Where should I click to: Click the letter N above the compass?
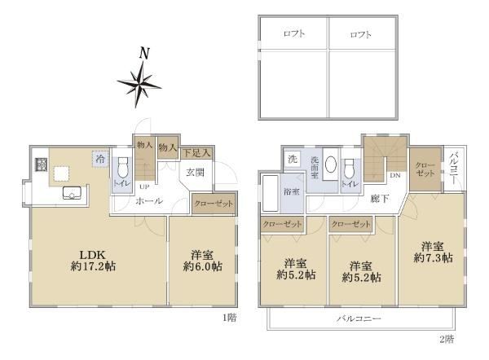pos(144,53)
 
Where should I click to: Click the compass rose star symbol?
pos(139,84)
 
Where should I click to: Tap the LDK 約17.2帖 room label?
pos(93,261)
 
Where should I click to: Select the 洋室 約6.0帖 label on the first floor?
pos(202,261)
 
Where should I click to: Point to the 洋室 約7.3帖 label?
pos(434,252)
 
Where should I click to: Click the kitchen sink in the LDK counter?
pos(72,192)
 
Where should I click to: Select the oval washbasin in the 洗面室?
pos(331,164)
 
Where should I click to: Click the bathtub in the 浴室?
pos(270,193)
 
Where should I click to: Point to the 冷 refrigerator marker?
pos(100,159)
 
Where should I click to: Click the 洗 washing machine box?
pos(293,159)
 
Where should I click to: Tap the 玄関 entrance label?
pos(196,173)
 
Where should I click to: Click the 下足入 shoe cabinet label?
pos(196,153)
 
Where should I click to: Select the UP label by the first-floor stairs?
pos(144,187)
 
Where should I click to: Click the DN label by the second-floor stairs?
pos(395,175)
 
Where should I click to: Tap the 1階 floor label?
pos(230,318)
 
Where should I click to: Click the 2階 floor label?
pos(447,339)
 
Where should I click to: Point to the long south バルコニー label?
pos(359,318)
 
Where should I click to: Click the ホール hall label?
pos(149,201)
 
